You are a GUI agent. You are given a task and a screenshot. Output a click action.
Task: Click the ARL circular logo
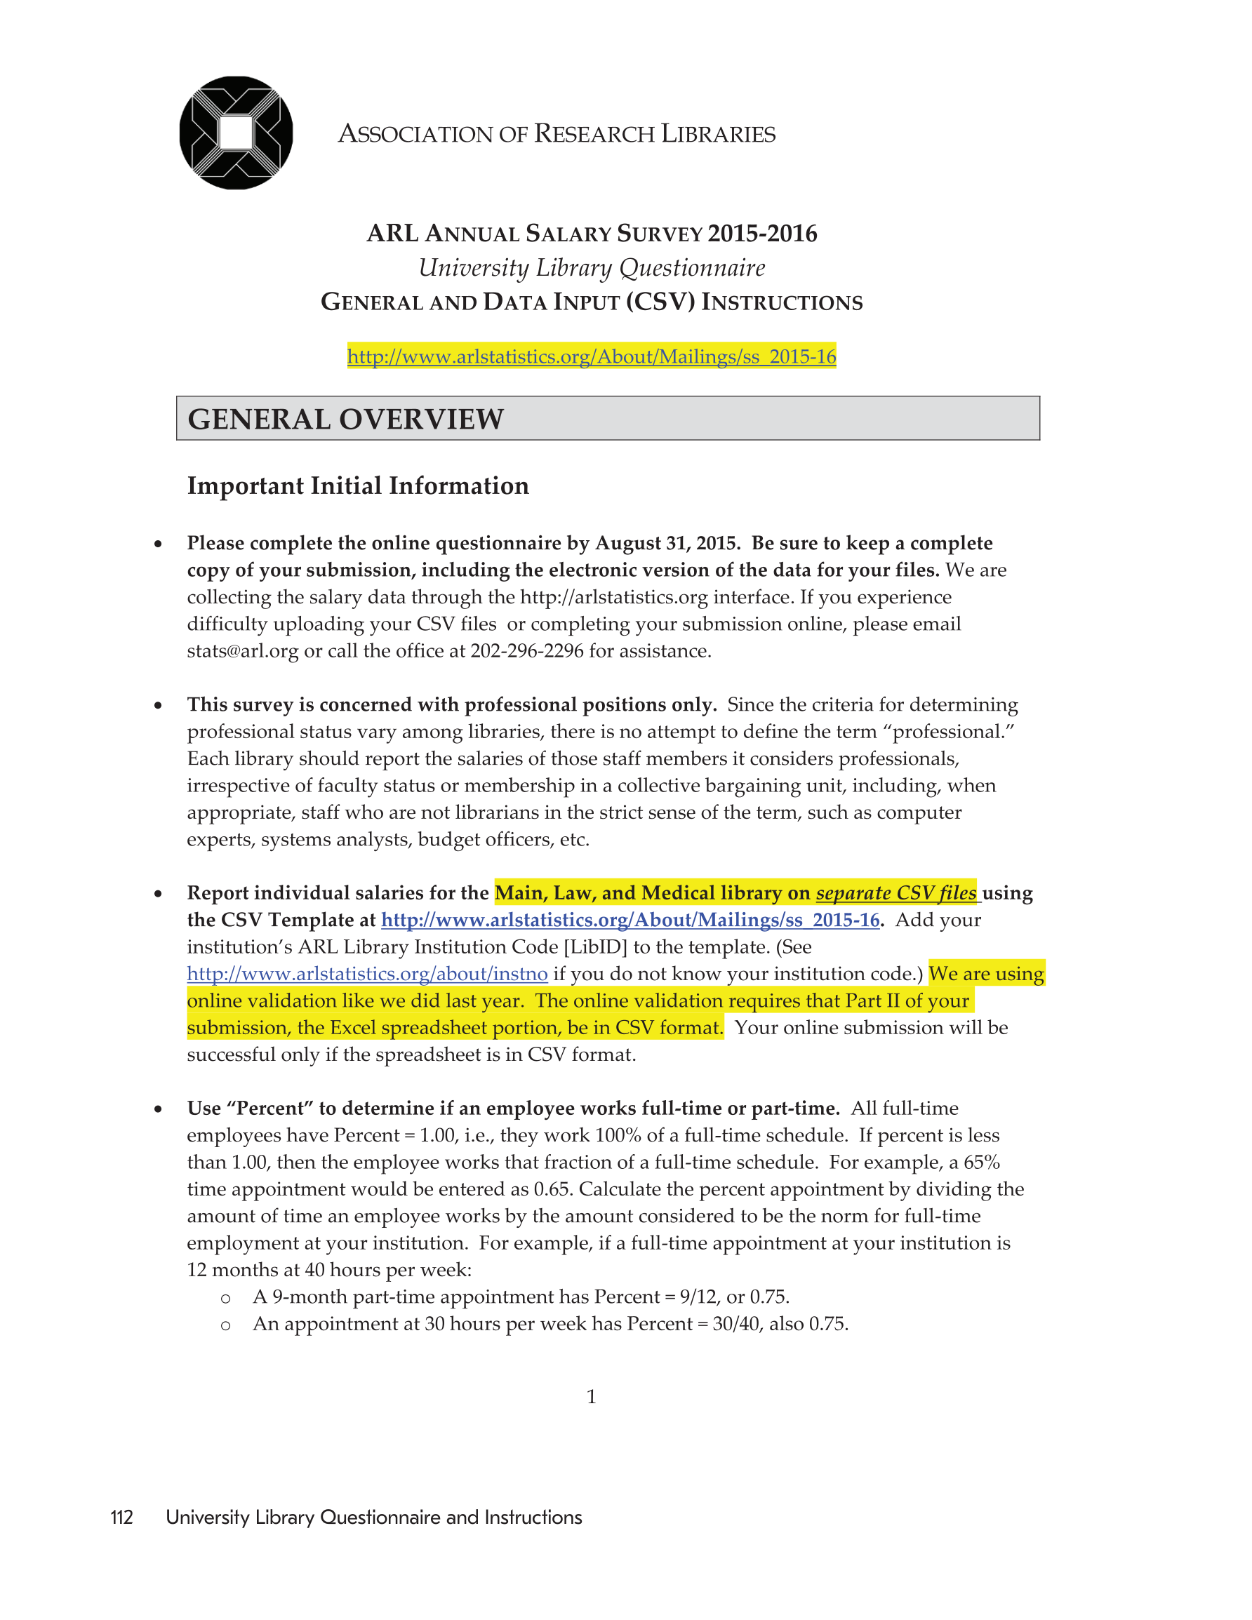click(x=236, y=133)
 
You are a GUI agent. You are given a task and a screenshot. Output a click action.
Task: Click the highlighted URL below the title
click(x=592, y=357)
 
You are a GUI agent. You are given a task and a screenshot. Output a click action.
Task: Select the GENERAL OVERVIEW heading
click(x=346, y=419)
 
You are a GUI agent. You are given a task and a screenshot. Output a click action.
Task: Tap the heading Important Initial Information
click(x=358, y=486)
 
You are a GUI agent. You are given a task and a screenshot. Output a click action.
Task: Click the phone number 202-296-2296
click(x=527, y=651)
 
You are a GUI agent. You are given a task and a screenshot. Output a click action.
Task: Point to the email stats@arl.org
click(x=243, y=651)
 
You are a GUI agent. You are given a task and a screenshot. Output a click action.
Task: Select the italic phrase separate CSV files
click(x=895, y=893)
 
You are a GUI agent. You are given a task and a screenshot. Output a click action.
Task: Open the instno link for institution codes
click(x=367, y=974)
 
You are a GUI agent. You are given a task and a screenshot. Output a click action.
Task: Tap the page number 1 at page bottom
click(x=592, y=1397)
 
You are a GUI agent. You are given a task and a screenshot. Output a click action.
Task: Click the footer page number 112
click(x=121, y=1518)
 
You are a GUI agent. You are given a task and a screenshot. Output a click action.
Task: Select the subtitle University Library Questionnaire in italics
click(x=592, y=268)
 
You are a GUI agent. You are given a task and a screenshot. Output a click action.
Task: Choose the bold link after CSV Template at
click(x=630, y=921)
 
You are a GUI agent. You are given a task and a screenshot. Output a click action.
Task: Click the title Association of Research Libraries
click(x=557, y=134)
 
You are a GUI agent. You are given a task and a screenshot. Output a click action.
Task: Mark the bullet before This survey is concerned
click(x=158, y=705)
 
